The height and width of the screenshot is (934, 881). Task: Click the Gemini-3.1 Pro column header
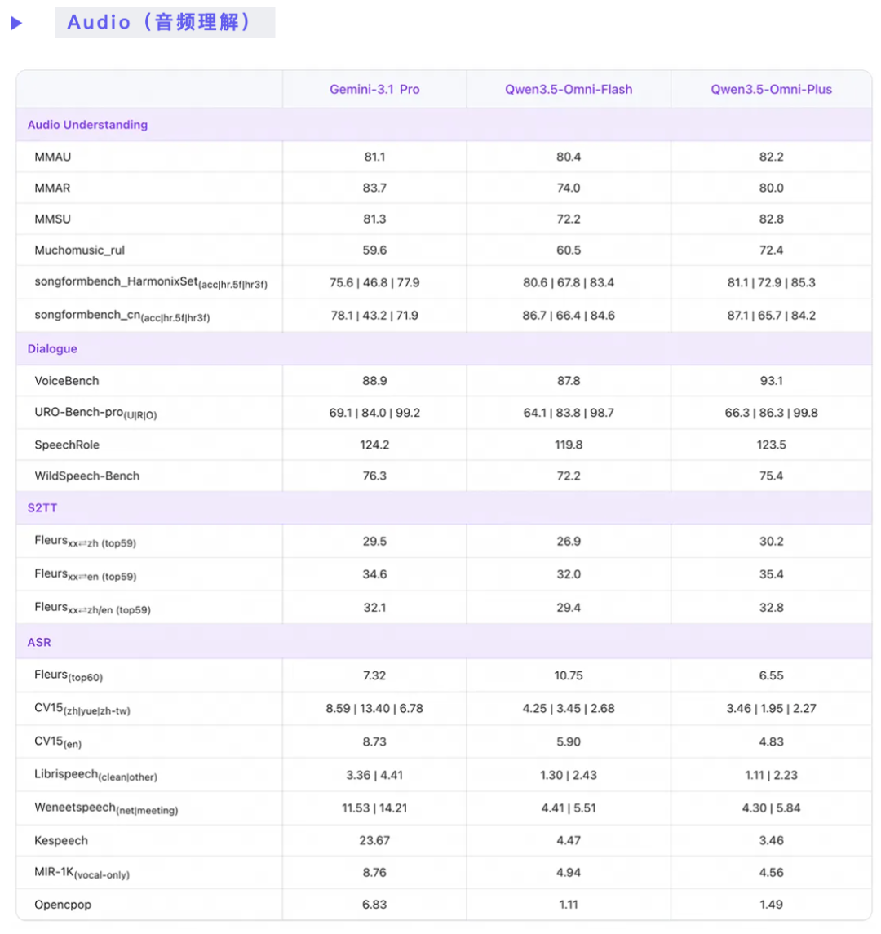coord(374,90)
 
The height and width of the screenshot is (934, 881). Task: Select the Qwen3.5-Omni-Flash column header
coord(569,90)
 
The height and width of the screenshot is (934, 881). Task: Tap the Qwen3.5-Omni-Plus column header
coord(771,90)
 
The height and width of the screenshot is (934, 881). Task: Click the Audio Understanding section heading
coord(87,125)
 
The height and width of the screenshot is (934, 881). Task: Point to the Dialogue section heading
coord(52,349)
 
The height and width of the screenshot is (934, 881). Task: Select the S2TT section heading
coord(42,507)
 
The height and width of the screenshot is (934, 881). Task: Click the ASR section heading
coord(39,642)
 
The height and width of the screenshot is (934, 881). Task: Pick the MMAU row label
coord(52,157)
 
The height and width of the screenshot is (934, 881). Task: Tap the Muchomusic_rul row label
coord(79,250)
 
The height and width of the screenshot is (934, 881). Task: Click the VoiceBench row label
coord(67,381)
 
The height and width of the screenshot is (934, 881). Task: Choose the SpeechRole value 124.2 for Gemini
coord(374,445)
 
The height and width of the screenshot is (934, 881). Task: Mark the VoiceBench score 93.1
coord(771,381)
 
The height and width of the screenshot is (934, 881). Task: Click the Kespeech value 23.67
coord(374,840)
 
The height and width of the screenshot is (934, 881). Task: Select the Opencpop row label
coord(63,905)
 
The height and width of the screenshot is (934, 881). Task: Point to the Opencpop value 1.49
coord(771,905)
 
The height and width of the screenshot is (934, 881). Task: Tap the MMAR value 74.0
coord(569,188)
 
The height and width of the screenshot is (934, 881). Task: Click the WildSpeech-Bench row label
coord(86,476)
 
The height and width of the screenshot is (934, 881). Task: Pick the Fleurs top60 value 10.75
coord(569,675)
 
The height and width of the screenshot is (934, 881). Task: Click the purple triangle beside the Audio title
coord(16,24)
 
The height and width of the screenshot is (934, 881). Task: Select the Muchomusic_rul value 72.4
coord(771,250)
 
